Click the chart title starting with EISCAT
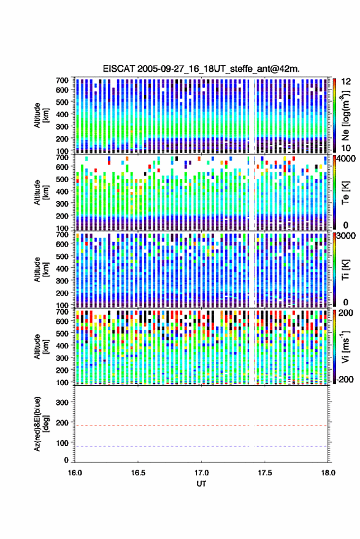click(x=201, y=69)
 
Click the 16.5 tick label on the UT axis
click(x=138, y=473)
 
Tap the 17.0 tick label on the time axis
click(x=201, y=473)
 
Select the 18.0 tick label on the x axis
click(x=328, y=473)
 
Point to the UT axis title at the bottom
click(x=201, y=484)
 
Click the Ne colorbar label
click(x=345, y=115)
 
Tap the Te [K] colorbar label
click(x=345, y=193)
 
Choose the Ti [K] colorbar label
click(x=345, y=270)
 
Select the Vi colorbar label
click(x=345, y=346)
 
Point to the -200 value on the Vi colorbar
click(x=345, y=379)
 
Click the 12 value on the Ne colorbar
click(x=346, y=82)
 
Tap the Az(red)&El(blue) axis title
click(x=40, y=424)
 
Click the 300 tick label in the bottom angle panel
click(x=62, y=402)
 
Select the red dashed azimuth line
click(x=201, y=426)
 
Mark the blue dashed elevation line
click(x=201, y=446)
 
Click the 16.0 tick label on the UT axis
click(x=75, y=473)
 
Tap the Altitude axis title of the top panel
click(x=40, y=115)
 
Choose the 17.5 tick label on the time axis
click(x=264, y=473)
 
